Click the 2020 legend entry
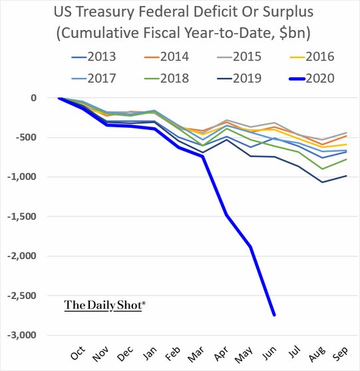tap(312, 79)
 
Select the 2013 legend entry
tap(94, 57)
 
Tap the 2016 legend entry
tap(312, 57)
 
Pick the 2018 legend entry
tap(166, 79)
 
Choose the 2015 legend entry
tap(239, 57)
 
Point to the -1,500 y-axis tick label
tap(22, 216)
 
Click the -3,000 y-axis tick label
tap(22, 335)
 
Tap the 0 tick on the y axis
tap(33, 98)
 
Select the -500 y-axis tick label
tap(26, 137)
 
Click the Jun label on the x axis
tap(270, 353)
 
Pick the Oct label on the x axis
tap(78, 353)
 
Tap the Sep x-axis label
tap(341, 354)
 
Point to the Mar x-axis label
tap(196, 354)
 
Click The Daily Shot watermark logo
tap(104, 306)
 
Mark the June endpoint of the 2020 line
tap(274, 315)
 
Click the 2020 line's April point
tap(226, 214)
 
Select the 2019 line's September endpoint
tap(347, 176)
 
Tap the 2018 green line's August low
tap(323, 169)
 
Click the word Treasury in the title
tap(106, 12)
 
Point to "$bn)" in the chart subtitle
tap(295, 33)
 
